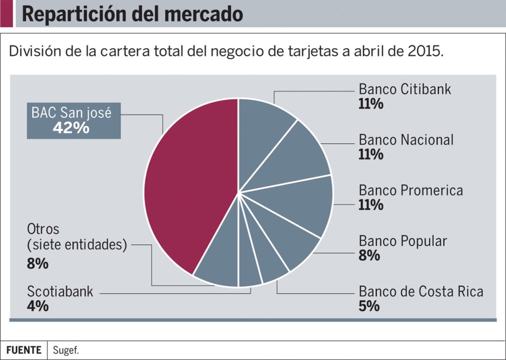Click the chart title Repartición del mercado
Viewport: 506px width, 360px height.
pyautogui.click(x=132, y=14)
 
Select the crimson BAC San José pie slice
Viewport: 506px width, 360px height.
pyautogui.click(x=190, y=183)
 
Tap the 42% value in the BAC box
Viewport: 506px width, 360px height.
pyautogui.click(x=71, y=128)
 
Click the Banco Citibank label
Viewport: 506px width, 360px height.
pyautogui.click(x=405, y=89)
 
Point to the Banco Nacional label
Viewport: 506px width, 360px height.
pyautogui.click(x=406, y=140)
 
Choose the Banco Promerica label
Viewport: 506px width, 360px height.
pyautogui.click(x=411, y=190)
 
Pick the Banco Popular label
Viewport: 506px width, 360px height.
pyautogui.click(x=403, y=241)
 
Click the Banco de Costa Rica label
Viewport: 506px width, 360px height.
pyautogui.click(x=421, y=291)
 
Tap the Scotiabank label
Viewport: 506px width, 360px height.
pyautogui.click(x=60, y=291)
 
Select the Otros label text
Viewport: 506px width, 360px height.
pyautogui.click(x=43, y=229)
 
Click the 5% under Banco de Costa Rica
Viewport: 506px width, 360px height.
pyautogui.click(x=369, y=306)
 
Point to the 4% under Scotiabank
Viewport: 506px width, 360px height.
pyautogui.click(x=38, y=306)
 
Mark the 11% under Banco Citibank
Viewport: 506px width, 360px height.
pyautogui.click(x=371, y=104)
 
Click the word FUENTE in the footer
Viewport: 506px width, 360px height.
pyautogui.click(x=24, y=350)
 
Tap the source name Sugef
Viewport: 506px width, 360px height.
pyautogui.click(x=66, y=351)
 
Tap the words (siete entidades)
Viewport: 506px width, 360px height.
pyautogui.click(x=77, y=244)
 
